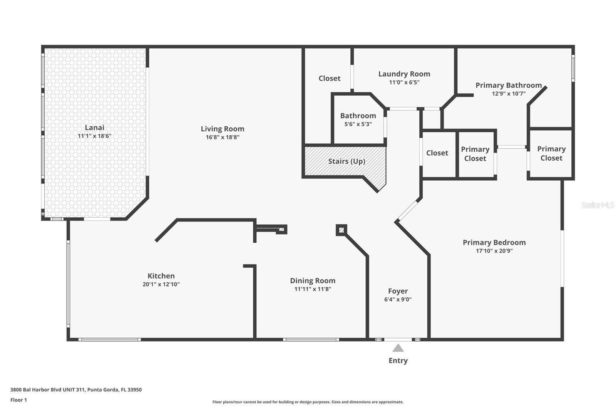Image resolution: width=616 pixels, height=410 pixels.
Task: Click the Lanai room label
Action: coord(94,128)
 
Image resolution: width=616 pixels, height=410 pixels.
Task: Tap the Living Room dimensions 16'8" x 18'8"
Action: coord(223,137)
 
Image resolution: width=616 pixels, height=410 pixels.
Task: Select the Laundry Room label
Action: coord(404,74)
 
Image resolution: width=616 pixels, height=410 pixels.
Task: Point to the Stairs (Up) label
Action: coord(346,161)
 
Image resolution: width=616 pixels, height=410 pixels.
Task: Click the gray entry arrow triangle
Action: coord(398,348)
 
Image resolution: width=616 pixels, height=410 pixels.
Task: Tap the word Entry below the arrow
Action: coord(398,360)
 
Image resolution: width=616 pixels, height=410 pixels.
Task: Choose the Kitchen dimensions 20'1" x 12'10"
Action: coord(161,284)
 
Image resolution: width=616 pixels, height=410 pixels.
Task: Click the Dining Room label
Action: coord(313,280)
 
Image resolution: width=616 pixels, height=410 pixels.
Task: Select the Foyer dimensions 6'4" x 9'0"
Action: coord(398,299)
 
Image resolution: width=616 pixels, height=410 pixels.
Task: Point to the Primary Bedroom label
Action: coord(494,242)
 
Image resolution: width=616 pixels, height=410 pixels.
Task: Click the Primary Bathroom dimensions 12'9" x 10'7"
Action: coord(509,93)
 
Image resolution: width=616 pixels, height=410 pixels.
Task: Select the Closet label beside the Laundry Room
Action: coord(330,78)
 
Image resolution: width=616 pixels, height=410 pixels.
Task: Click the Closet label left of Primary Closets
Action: coord(437,153)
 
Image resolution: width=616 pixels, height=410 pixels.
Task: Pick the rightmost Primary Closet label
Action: coord(551,153)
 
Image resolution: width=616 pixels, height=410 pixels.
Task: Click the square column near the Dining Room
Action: coord(341,230)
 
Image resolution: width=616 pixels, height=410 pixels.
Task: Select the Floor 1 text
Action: coord(19,400)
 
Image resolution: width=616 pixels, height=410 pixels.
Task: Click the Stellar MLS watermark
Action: coord(598,205)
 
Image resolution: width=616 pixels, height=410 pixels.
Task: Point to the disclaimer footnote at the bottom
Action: coord(308,402)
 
